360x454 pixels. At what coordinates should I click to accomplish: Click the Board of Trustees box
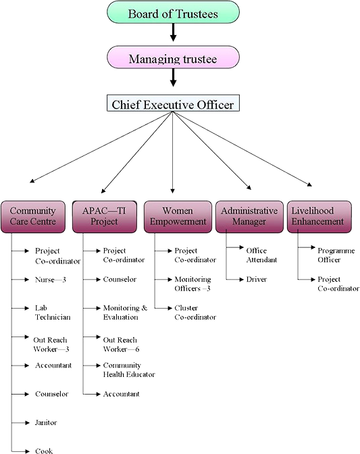coord(173,12)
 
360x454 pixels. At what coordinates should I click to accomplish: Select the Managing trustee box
coord(173,57)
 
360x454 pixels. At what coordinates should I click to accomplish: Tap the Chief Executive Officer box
coord(173,103)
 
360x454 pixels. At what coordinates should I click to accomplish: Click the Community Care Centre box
coord(32,217)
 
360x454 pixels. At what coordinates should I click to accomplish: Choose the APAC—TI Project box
coord(105,217)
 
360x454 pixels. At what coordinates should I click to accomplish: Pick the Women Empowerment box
coord(178,217)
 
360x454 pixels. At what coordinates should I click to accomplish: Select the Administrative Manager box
coord(249,217)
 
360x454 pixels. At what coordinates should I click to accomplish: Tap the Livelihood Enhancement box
coord(319,217)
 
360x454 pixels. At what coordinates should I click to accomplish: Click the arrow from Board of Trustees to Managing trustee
coord(173,32)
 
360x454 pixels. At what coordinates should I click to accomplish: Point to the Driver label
coord(257,280)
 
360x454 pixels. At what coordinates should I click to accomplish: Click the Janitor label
coord(46,423)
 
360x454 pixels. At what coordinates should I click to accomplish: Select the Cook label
coord(44,451)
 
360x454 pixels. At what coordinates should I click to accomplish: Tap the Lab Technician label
coord(53,313)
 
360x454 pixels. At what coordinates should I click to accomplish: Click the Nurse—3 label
coord(51,280)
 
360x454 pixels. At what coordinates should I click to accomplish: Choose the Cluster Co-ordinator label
coord(195,313)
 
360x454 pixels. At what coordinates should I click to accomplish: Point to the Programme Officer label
coord(336,255)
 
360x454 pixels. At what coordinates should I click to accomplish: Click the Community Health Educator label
coord(129,370)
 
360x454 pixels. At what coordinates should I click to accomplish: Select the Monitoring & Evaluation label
coord(125,313)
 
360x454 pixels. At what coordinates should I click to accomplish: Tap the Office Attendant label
coord(261,255)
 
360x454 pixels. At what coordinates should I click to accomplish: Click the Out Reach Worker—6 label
coord(121,345)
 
